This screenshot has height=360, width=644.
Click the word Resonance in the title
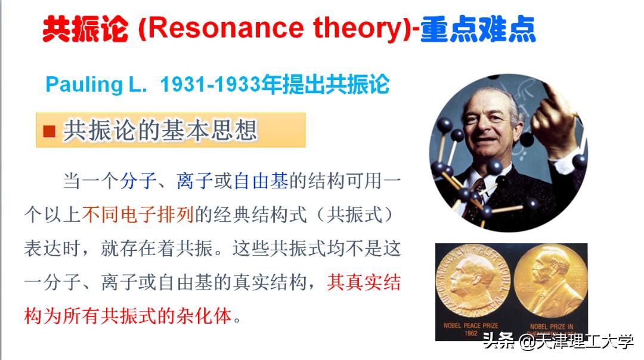(225, 28)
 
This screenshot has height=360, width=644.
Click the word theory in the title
(355, 29)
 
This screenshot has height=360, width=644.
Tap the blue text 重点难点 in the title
(478, 29)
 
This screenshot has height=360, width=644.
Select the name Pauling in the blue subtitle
(84, 85)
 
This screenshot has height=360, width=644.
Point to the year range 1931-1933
(210, 85)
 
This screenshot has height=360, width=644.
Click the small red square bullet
(49, 131)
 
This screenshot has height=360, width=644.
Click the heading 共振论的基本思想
(160, 131)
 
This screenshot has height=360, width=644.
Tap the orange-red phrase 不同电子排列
(138, 215)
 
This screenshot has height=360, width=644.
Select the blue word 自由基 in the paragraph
(261, 181)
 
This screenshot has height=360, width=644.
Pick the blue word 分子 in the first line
(138, 181)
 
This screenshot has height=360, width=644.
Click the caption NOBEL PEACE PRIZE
(470, 325)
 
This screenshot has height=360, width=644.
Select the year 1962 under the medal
(470, 333)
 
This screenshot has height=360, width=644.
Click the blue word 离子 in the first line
(194, 181)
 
